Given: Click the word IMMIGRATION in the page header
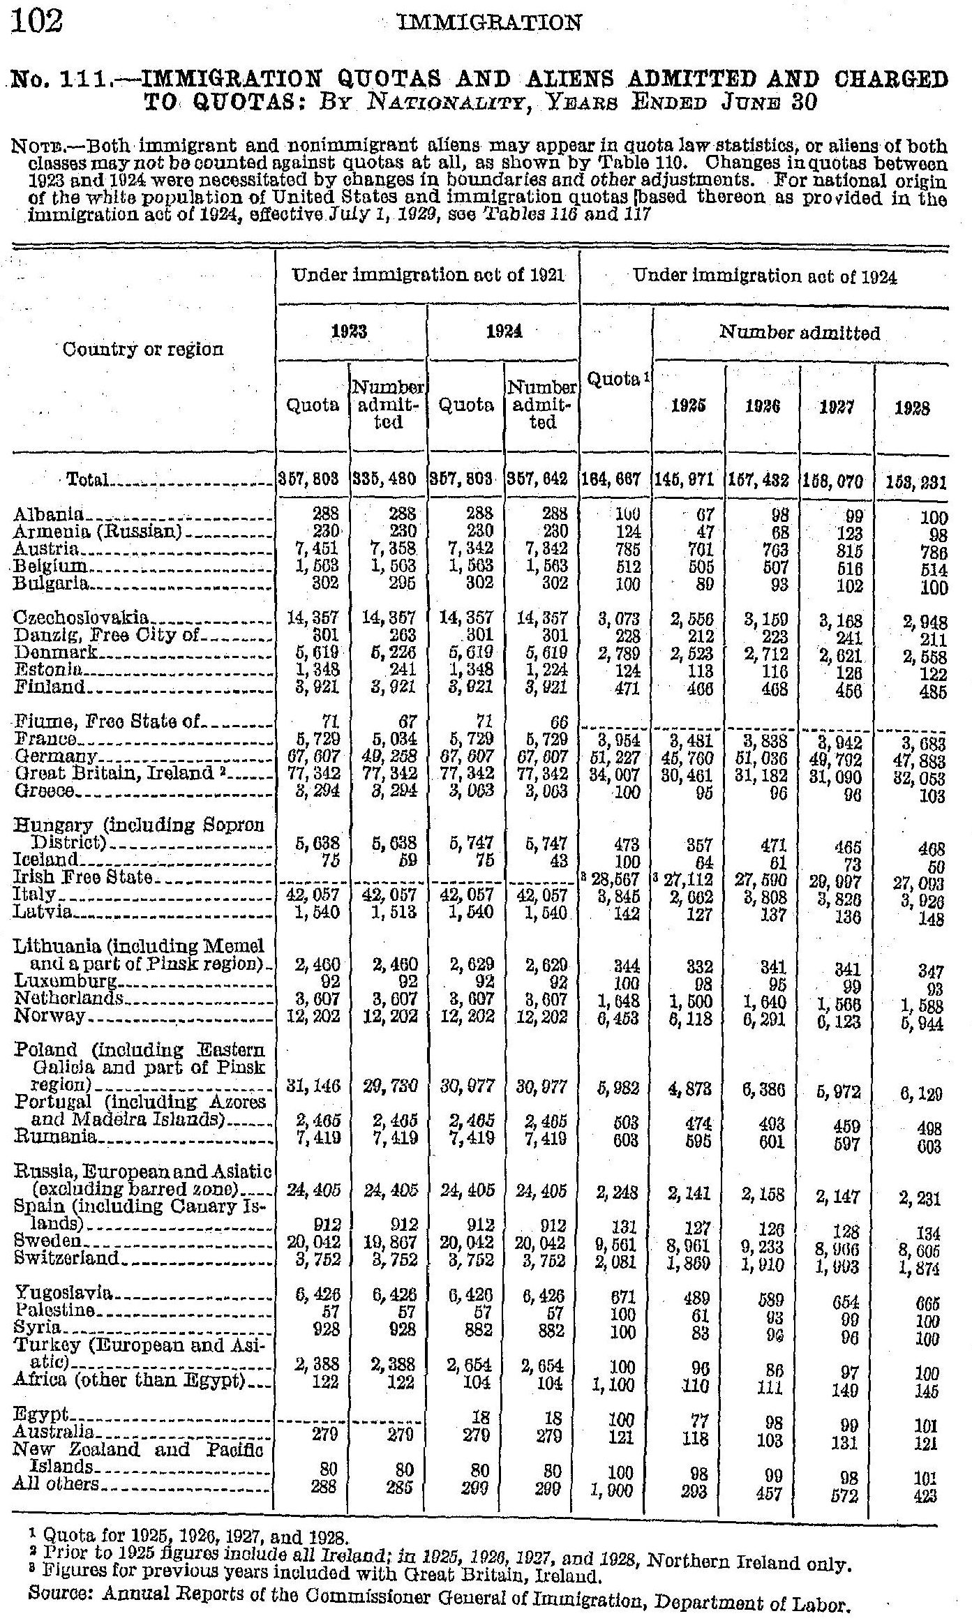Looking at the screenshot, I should pyautogui.click(x=488, y=24).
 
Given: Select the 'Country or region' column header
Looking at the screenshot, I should pyautogui.click(x=142, y=349).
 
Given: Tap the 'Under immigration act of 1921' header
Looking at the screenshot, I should pyautogui.click(x=428, y=276).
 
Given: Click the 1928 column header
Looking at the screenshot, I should pyautogui.click(x=911, y=407).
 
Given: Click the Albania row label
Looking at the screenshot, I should pyautogui.click(x=49, y=516).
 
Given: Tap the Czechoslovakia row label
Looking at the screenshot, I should pyautogui.click(x=82, y=618).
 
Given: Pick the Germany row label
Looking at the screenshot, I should pyautogui.click(x=55, y=756).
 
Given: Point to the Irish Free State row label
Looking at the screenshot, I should pyautogui.click(x=83, y=876).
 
